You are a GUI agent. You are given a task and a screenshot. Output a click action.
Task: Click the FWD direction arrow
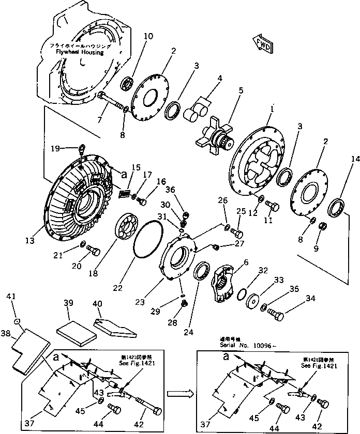point(262,44)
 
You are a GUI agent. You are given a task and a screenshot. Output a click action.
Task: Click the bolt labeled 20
point(94,251)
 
